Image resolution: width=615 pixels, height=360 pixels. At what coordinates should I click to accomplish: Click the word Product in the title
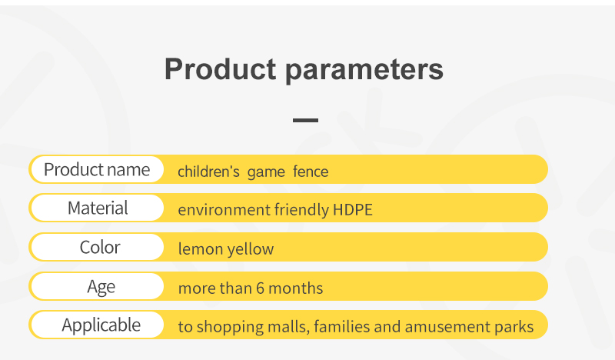(221, 69)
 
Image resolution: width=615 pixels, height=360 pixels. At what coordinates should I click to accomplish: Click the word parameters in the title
(364, 71)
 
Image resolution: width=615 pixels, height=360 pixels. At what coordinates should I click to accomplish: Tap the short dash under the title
(305, 120)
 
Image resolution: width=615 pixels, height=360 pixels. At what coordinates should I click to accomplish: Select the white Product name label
(98, 169)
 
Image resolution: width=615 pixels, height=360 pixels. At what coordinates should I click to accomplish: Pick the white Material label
(98, 208)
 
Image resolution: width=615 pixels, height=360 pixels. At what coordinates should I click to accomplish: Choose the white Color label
(98, 248)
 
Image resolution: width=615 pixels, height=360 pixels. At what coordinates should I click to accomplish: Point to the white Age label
(98, 287)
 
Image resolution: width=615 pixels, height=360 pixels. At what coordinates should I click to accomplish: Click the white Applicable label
(98, 325)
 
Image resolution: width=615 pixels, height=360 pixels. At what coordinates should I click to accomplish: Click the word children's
(208, 172)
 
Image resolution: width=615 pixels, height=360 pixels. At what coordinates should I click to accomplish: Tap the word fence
(311, 172)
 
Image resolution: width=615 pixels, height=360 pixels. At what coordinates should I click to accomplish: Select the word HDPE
(353, 210)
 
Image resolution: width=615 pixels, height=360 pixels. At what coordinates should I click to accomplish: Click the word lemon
(201, 249)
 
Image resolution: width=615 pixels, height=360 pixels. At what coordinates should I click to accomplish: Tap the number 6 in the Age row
(261, 288)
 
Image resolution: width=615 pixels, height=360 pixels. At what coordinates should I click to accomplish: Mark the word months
(296, 288)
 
